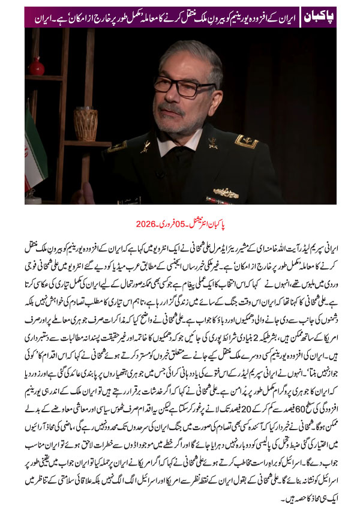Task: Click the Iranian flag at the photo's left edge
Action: pos(34,150)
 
